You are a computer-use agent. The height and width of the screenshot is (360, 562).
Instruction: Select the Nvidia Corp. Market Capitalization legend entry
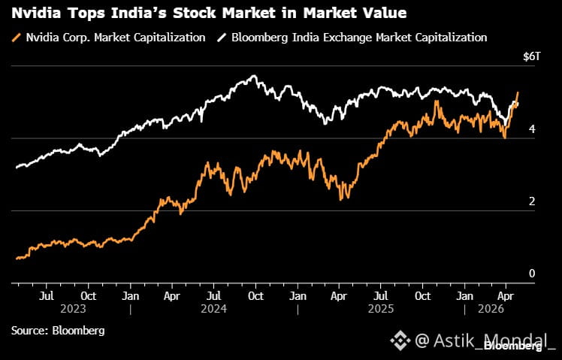pyautogui.click(x=109, y=38)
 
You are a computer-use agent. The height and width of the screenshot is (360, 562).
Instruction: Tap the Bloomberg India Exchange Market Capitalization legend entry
pyautogui.click(x=352, y=38)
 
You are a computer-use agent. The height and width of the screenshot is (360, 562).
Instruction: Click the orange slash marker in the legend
pyautogui.click(x=17, y=38)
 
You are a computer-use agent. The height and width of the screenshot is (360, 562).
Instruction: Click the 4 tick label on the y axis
pyautogui.click(x=532, y=129)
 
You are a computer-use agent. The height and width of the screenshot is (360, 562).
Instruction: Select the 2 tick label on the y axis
pyautogui.click(x=532, y=201)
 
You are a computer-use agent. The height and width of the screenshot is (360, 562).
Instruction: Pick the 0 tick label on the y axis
pyautogui.click(x=532, y=274)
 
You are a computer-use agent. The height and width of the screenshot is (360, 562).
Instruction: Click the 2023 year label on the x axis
pyautogui.click(x=73, y=309)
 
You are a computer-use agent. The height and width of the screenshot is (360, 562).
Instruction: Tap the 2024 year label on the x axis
pyautogui.click(x=213, y=309)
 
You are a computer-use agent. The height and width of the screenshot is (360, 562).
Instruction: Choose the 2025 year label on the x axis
pyautogui.click(x=381, y=309)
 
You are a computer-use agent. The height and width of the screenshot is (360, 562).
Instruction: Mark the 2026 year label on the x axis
pyautogui.click(x=491, y=309)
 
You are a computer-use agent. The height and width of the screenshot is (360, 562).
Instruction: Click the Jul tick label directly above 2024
pyautogui.click(x=213, y=296)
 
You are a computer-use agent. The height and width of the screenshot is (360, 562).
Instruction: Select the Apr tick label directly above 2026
pyautogui.click(x=506, y=296)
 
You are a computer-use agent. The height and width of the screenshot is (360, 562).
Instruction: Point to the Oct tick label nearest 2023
pyautogui.click(x=89, y=296)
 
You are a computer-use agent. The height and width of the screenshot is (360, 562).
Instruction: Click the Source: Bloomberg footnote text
pyautogui.click(x=58, y=330)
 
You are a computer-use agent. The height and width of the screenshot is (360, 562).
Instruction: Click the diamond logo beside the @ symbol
pyautogui.click(x=400, y=340)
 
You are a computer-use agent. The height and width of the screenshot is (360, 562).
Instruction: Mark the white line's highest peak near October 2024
pyautogui.click(x=254, y=76)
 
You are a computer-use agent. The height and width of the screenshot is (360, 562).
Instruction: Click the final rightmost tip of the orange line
pyautogui.click(x=518, y=92)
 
